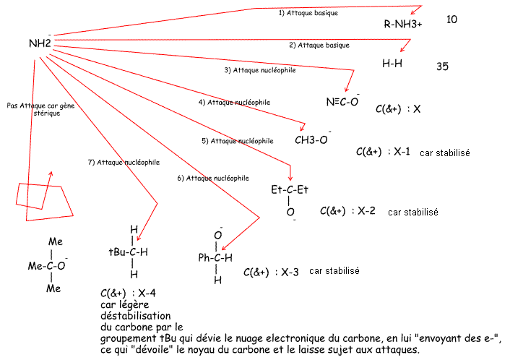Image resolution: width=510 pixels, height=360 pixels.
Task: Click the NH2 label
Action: coord(40,43)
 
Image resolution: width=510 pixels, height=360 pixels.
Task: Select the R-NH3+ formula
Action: coord(403,24)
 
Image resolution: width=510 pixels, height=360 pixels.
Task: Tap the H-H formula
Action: coord(392,63)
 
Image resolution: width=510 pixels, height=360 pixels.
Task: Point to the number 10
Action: coord(452,19)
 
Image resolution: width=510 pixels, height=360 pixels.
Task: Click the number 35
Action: coord(443,66)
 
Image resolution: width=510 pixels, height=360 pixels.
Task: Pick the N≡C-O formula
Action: coord(342,101)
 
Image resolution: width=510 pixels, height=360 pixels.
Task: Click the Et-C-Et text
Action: coord(290,190)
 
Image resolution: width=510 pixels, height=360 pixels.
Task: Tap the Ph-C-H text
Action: coord(215,257)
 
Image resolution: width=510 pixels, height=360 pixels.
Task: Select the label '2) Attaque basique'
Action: coord(319,45)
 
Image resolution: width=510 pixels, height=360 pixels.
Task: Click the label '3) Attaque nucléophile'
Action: coord(259,70)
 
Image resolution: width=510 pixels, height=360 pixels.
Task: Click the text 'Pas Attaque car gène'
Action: coord(34,105)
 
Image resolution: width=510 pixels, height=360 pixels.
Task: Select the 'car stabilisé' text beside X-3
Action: coord(334,271)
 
